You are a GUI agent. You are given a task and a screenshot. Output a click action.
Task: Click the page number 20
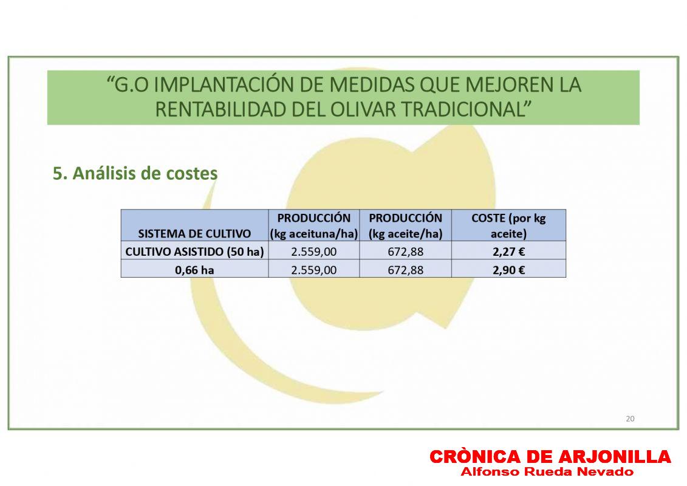(630, 419)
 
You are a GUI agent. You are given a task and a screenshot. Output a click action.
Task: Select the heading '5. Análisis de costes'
(135, 174)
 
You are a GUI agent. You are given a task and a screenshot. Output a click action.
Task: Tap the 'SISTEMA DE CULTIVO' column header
(194, 233)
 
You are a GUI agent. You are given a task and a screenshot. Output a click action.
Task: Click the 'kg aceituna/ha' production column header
(313, 226)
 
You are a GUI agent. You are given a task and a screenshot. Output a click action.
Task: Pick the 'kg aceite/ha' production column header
(405, 226)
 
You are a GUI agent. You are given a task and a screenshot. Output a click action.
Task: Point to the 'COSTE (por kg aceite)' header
(508, 226)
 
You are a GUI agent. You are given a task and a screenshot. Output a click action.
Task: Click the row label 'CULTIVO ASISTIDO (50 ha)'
(194, 252)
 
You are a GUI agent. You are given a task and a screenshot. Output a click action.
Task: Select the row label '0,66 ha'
(194, 270)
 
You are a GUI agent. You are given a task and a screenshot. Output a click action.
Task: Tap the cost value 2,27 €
(508, 252)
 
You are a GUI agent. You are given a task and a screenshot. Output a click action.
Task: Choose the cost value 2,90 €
(508, 270)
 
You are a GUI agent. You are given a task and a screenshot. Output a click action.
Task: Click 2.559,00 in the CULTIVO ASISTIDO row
(313, 252)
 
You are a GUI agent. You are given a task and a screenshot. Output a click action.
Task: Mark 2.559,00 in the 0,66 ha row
(313, 270)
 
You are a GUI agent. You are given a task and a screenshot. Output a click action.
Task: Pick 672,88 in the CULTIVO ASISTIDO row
(405, 252)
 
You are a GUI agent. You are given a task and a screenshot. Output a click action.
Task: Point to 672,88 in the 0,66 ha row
(405, 270)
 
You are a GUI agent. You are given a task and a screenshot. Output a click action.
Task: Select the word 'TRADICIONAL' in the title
(463, 109)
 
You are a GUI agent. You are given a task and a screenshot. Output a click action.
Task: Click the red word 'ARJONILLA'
(614, 457)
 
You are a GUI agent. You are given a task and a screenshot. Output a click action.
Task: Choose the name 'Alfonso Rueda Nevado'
(547, 472)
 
